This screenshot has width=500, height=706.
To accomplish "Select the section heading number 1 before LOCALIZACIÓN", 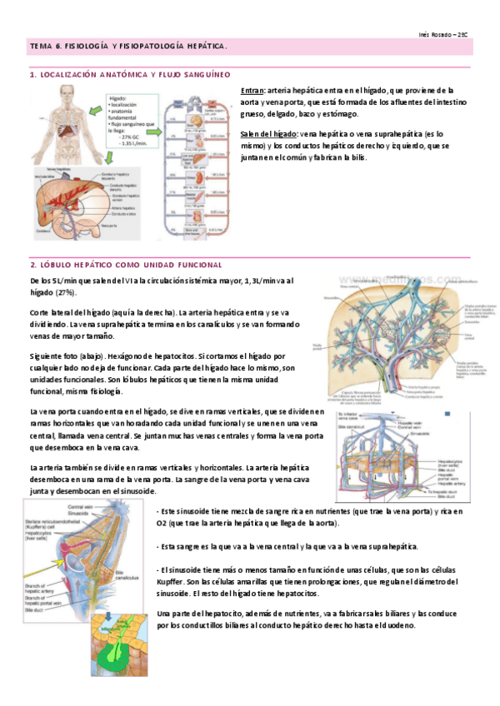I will tap(31, 74).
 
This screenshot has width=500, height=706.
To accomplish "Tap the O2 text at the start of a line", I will tap(162, 522).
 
